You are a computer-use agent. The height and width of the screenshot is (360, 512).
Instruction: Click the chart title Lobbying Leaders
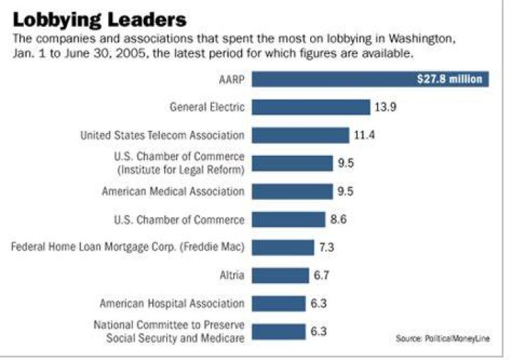pos(100,20)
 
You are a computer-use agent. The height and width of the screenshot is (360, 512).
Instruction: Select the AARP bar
pos(370,79)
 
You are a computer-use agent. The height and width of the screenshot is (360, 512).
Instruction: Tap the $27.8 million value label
pos(449,79)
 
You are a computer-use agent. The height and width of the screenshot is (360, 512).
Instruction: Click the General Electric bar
pos(311,107)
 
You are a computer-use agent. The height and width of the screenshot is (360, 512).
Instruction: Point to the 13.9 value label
pos(385,107)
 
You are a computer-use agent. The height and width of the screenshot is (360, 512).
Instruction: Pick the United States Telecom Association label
pos(162,135)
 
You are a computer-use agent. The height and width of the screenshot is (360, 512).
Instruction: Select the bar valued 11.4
pos(300,135)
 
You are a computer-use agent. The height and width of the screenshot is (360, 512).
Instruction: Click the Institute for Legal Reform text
pos(181,170)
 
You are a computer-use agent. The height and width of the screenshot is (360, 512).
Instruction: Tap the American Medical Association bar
pos(292,191)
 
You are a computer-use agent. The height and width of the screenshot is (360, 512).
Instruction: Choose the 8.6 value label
pos(338,219)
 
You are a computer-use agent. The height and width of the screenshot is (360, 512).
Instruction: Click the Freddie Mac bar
pos(283,248)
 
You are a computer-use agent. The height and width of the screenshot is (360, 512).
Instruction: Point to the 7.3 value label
pos(326,248)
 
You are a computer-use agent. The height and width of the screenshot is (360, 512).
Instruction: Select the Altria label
pos(232,275)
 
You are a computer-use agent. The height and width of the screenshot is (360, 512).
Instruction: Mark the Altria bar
pos(280,275)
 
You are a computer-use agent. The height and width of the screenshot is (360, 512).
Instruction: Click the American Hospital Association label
pos(172,304)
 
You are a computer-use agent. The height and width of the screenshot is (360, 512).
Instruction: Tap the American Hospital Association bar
pos(279,304)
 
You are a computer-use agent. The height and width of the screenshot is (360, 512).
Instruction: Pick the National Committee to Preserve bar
pos(279,332)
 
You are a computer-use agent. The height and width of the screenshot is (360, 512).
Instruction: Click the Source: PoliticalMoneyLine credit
pos(443,339)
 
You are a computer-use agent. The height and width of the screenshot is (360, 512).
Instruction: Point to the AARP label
pos(232,80)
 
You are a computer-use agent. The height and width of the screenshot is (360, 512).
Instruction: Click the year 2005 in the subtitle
pos(130,53)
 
